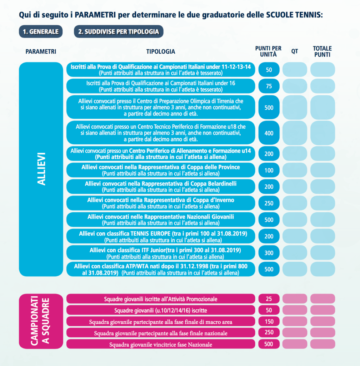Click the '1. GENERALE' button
[x=41, y=31]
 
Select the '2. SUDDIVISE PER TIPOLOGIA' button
[x=119, y=31]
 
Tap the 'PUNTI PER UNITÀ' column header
[x=268, y=51]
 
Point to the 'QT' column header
[x=295, y=51]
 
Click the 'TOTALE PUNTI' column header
[x=322, y=51]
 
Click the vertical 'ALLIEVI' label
[x=41, y=169]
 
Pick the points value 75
[x=269, y=86]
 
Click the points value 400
[x=269, y=133]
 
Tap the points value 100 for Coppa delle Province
[x=269, y=170]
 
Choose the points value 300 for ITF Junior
[x=269, y=253]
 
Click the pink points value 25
[x=269, y=298]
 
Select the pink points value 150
[x=269, y=321]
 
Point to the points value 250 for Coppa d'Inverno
[x=269, y=203]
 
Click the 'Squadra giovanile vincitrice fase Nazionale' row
[x=161, y=345]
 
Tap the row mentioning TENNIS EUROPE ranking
[x=161, y=237]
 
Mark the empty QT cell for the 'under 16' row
[x=295, y=86]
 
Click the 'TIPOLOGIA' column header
[x=161, y=51]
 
